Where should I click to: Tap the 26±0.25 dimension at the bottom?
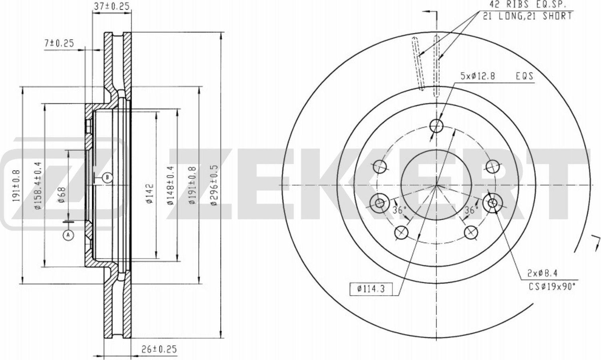[x=159, y=349]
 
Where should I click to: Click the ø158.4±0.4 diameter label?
[x=38, y=185]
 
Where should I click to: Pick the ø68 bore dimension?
[x=61, y=195]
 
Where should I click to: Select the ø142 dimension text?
[x=149, y=194]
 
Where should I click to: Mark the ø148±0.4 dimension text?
[x=170, y=185]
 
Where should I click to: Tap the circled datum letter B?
[x=107, y=177]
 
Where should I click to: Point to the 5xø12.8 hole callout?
[x=478, y=76]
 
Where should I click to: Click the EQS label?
[x=524, y=76]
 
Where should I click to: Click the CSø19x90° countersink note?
[x=552, y=286]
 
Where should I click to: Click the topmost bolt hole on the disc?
[x=436, y=126]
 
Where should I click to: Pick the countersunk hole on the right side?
[x=492, y=203]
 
